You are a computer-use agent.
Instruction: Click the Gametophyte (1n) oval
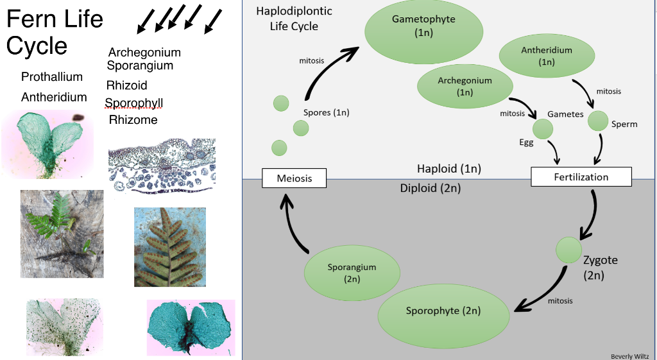[423, 26]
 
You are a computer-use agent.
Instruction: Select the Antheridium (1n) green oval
[546, 56]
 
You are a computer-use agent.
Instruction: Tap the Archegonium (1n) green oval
[465, 87]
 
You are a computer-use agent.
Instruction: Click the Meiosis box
[294, 178]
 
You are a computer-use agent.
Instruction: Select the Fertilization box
[581, 176]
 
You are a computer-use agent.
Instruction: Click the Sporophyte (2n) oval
[443, 312]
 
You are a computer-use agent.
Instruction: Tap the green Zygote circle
[568, 250]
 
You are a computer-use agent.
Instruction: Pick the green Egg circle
[542, 128]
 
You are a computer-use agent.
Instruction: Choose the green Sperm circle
[598, 121]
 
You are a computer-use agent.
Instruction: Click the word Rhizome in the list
[133, 119]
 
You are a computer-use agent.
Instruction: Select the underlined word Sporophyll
[134, 103]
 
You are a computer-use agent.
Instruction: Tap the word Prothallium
[52, 77]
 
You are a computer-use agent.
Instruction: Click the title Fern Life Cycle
[55, 32]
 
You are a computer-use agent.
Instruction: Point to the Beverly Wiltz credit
[630, 356]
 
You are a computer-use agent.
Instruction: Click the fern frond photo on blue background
[170, 247]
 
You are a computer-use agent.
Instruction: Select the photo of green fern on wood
[62, 234]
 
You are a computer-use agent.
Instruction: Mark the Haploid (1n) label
[448, 169]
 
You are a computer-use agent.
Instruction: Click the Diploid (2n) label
[430, 188]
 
